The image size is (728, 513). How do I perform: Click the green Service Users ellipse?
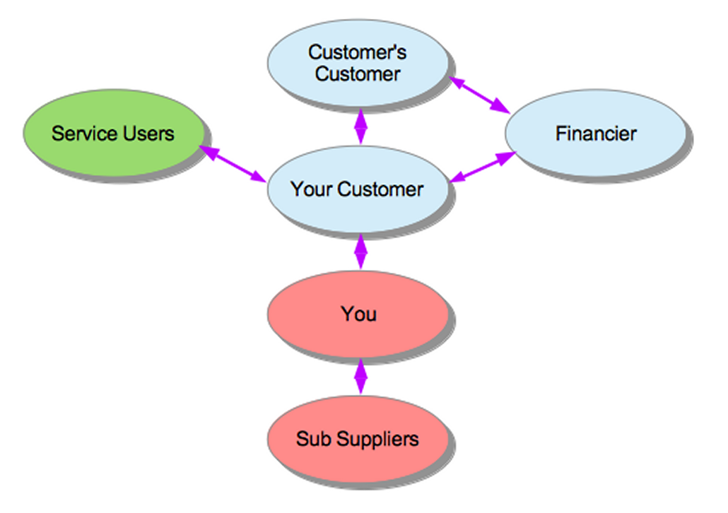pos(113,133)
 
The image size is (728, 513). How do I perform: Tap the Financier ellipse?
pos(595,134)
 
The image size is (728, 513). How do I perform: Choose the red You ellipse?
pos(358,314)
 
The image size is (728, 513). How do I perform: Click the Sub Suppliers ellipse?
pos(358,439)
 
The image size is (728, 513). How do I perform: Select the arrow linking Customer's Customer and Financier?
pos(481,95)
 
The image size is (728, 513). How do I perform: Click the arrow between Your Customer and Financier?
pos(481,168)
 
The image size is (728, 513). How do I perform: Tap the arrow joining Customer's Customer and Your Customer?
pos(361,126)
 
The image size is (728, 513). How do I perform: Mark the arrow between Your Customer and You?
pos(361,251)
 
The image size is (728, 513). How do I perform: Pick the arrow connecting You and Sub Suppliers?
pos(361,376)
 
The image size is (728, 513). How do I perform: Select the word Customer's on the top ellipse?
pos(358,52)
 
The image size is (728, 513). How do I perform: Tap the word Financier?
pos(595,134)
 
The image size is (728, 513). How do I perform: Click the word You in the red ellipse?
pos(358,314)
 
